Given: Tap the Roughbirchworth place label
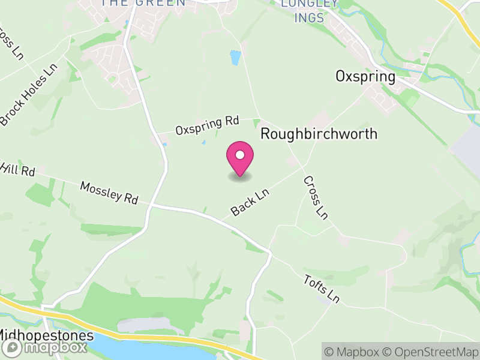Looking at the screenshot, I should pyautogui.click(x=319, y=134).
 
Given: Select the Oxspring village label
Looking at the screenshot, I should pyautogui.click(x=365, y=77).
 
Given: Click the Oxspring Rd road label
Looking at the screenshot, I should pyautogui.click(x=207, y=125).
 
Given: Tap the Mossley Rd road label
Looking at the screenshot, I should pyautogui.click(x=109, y=193).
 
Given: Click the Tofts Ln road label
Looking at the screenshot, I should pyautogui.click(x=322, y=288).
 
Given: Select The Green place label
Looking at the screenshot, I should pyautogui.click(x=143, y=3).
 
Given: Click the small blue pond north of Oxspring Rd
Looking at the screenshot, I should pyautogui.click(x=235, y=58).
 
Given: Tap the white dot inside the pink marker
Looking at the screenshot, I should pyautogui.click(x=240, y=155).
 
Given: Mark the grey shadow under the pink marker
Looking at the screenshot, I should pyautogui.click(x=240, y=176).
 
